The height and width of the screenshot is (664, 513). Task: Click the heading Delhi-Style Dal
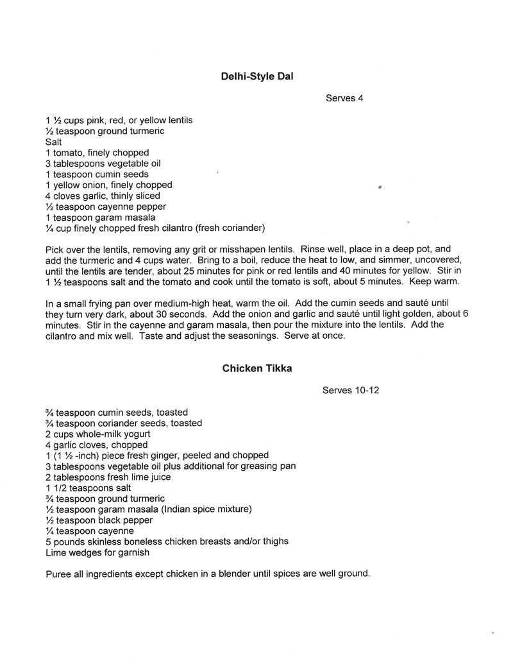pyautogui.click(x=256, y=76)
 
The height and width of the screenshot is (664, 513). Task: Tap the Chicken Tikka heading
pyautogui.click(x=256, y=368)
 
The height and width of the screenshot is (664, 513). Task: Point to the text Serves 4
pyautogui.click(x=344, y=98)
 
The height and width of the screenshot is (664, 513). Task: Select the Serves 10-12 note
pyautogui.click(x=351, y=391)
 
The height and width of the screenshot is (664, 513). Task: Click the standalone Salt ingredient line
pyautogui.click(x=54, y=142)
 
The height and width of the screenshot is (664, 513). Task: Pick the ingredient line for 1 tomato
pyautogui.click(x=97, y=153)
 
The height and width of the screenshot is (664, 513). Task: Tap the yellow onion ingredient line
pyautogui.click(x=108, y=185)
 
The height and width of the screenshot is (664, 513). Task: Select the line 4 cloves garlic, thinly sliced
pyautogui.click(x=103, y=196)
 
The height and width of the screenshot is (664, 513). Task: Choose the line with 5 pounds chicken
pyautogui.click(x=167, y=541)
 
